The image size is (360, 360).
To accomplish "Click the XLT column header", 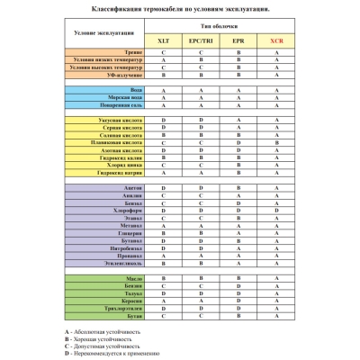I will (x=163, y=41).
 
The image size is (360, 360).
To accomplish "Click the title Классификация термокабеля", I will (x=180, y=8).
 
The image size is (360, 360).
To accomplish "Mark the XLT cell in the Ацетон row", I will (x=163, y=186).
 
